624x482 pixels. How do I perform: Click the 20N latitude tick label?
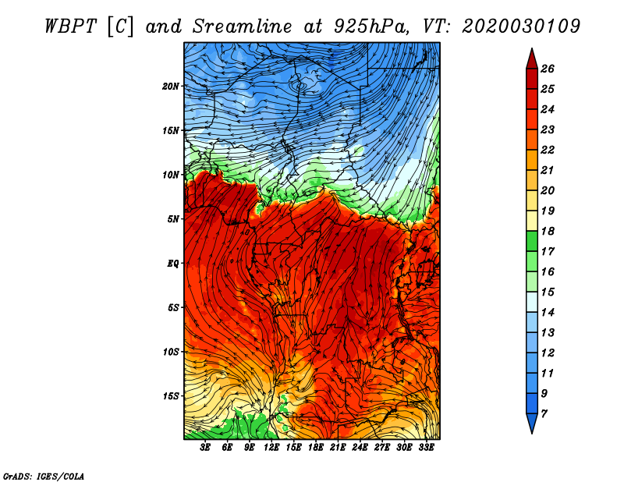170,87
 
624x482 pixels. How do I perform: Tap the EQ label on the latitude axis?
173,264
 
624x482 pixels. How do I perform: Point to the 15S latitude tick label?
170,396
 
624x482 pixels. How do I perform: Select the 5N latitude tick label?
173,219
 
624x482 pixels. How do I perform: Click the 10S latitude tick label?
170,352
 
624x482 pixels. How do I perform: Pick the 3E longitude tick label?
205,448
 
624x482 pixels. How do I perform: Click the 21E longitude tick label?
338,448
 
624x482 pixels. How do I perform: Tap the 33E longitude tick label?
426,448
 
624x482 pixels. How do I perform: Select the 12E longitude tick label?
271,448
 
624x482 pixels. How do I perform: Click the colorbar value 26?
548,69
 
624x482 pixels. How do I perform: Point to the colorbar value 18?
548,231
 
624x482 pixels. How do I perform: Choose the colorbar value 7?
544,414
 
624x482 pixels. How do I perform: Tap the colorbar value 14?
548,313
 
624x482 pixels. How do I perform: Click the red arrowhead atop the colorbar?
532,60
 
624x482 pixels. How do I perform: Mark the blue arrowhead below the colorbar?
532,423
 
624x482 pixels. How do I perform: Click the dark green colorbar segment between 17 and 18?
532,241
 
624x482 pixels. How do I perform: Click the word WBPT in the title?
70,27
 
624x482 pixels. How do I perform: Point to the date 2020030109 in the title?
521,27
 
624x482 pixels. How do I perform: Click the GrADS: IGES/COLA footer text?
44,476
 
